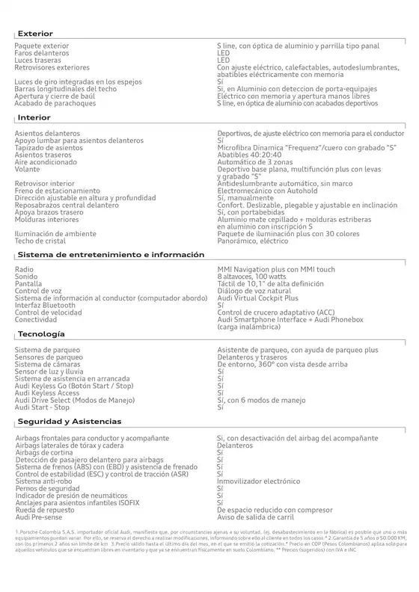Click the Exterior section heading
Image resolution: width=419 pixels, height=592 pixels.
[x=35, y=34]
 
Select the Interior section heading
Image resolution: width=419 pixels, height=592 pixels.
[x=34, y=118]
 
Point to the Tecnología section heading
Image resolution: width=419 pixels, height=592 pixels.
[x=41, y=333]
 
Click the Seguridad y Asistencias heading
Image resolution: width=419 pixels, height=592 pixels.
[x=69, y=422]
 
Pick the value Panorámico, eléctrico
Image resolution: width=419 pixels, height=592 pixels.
[x=252, y=241]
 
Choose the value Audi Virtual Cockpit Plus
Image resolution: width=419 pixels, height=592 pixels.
[x=258, y=298]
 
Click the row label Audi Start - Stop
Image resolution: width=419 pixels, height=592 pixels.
[x=42, y=407]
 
